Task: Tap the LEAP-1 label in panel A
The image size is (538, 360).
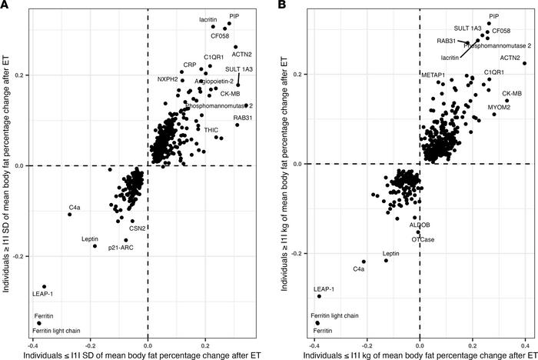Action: [x=42, y=293]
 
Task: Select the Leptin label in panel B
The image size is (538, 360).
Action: [x=391, y=253]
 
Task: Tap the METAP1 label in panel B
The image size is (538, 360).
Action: [x=433, y=75]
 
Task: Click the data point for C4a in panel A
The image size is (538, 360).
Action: [x=70, y=214]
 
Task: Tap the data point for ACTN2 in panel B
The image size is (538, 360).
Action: [x=524, y=63]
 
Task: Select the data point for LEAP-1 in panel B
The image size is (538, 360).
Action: [x=319, y=296]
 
